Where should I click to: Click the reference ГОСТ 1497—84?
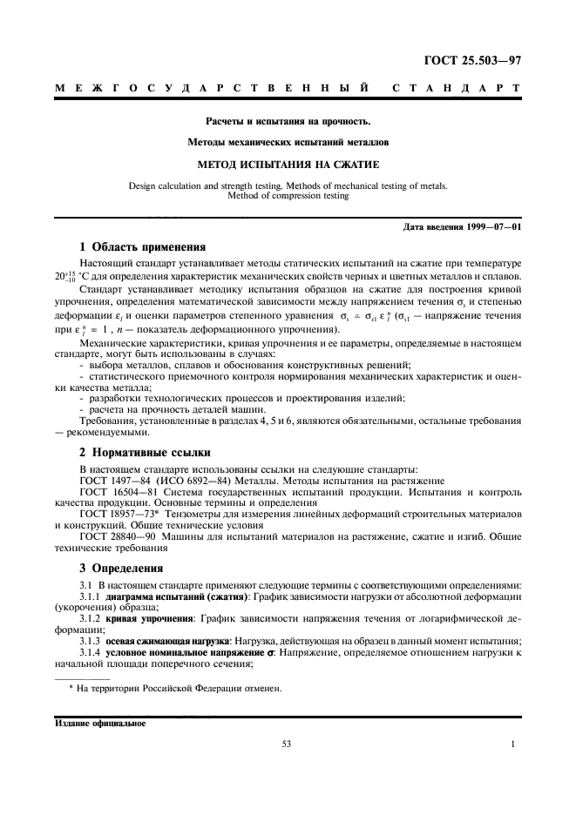(115, 481)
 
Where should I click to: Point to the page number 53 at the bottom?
(287, 744)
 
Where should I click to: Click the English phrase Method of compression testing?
(288, 196)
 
